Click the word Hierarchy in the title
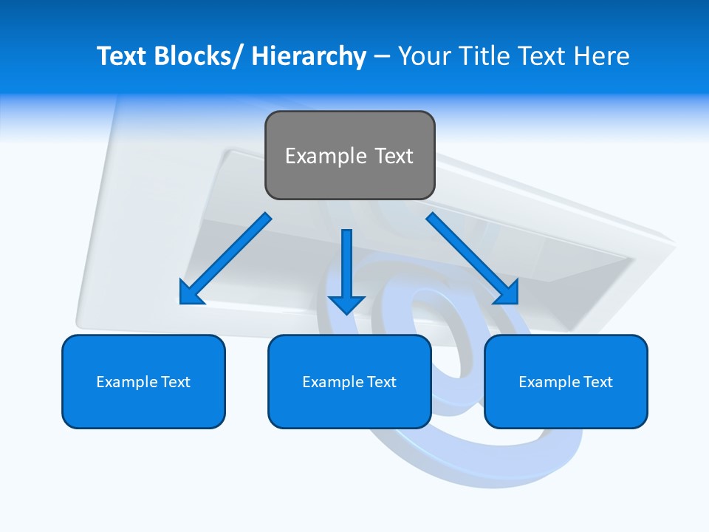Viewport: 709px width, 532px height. pyautogui.click(x=309, y=56)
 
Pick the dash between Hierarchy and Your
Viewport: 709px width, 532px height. pyautogui.click(x=381, y=57)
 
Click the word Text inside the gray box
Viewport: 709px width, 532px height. pyautogui.click(x=394, y=156)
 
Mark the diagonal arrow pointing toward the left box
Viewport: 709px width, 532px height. pyautogui.click(x=225, y=259)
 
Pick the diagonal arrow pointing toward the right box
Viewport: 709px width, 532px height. pyautogui.click(x=473, y=259)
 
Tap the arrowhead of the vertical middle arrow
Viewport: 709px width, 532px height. pyautogui.click(x=346, y=304)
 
